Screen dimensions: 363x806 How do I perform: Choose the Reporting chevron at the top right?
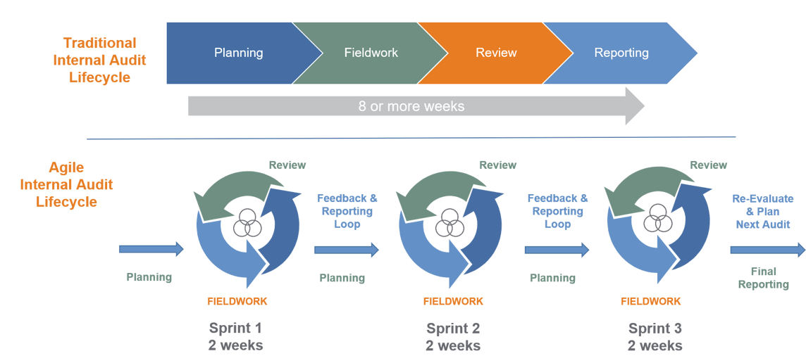621,53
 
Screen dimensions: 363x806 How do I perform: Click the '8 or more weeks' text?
411,107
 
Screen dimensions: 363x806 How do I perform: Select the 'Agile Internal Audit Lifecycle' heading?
67,184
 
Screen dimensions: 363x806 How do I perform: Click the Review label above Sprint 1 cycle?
287,165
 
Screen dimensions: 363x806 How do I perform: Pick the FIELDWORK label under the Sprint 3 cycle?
650,301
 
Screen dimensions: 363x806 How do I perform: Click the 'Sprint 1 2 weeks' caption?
236,337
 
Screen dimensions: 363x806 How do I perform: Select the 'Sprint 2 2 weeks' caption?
453,337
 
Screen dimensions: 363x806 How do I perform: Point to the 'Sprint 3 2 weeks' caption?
655,337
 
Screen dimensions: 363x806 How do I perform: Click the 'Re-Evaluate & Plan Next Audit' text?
762,212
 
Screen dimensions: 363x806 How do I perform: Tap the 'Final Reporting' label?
764,278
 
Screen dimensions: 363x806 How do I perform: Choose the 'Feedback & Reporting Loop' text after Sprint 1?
347,211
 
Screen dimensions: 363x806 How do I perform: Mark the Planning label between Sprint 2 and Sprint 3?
552,278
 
